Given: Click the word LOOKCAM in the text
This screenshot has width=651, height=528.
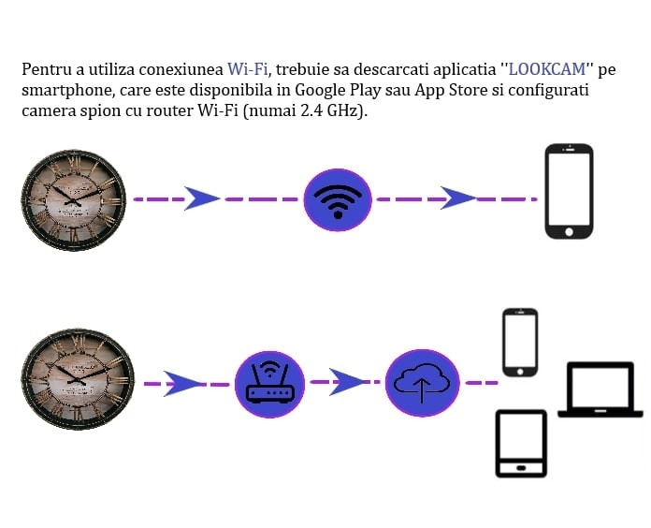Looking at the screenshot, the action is [x=547, y=69].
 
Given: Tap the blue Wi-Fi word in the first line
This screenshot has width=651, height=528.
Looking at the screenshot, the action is [x=248, y=69].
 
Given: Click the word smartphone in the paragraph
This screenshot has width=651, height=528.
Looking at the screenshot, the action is [x=67, y=91].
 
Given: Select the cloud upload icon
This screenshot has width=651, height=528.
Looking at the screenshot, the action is [x=422, y=383].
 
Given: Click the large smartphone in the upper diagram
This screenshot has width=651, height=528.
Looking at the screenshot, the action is [x=570, y=191].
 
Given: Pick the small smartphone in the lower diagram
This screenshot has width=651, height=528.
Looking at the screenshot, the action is [x=520, y=343].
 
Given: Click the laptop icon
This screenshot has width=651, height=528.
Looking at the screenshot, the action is [x=600, y=389].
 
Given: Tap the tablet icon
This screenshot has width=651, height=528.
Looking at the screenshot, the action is [x=522, y=444].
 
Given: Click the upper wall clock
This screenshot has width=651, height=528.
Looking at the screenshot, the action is [x=74, y=200].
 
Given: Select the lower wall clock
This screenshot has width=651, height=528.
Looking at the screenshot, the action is [x=78, y=379].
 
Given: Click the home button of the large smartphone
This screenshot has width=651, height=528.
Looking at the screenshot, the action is [x=570, y=231].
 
